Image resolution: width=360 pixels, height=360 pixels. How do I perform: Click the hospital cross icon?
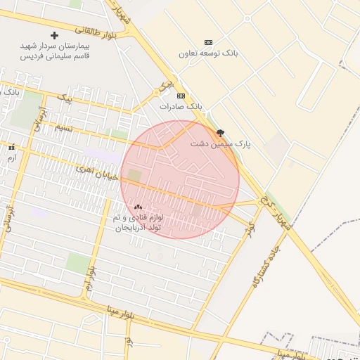click(55, 35)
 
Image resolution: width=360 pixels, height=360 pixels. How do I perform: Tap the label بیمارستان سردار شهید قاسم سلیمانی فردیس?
click(55, 51)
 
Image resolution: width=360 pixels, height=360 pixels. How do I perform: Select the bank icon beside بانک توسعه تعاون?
click(207, 43)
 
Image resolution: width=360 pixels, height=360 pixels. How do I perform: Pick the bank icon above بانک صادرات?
click(181, 96)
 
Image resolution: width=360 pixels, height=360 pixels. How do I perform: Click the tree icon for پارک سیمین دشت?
click(221, 132)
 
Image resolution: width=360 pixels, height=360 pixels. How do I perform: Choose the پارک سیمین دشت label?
click(220, 143)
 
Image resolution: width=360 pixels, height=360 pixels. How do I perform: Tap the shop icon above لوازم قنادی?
click(138, 207)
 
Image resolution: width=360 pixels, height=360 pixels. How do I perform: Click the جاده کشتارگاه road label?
click(265, 268)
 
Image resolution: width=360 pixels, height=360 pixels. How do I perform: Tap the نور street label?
click(129, 341)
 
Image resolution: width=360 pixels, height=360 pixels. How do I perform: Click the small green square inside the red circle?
click(134, 174)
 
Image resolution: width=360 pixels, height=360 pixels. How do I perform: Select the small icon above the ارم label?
click(11, 148)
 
